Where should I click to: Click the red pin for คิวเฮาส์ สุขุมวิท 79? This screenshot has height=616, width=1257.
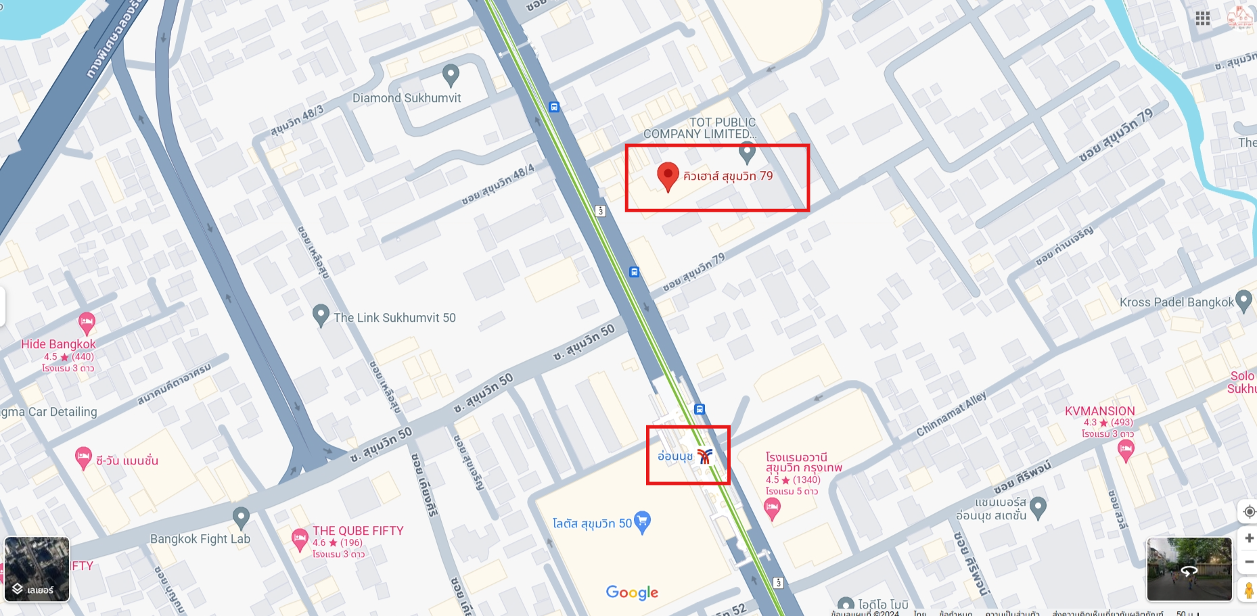click(x=668, y=175)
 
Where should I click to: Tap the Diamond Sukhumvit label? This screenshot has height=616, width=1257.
click(x=407, y=98)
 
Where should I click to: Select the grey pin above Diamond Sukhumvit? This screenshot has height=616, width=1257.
click(x=451, y=74)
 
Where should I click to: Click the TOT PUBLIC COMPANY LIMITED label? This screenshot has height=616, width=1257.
click(x=700, y=128)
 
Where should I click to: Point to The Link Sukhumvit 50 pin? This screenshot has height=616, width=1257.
click(x=321, y=314)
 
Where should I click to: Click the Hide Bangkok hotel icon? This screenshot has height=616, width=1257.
click(x=87, y=322)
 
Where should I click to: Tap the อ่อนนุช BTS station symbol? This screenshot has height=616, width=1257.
click(x=705, y=456)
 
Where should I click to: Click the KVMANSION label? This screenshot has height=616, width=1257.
click(x=1099, y=411)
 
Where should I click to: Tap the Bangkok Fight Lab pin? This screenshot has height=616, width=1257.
click(x=241, y=517)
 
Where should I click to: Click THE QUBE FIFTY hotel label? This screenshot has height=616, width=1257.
click(x=358, y=531)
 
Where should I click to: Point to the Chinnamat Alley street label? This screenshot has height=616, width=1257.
click(x=951, y=414)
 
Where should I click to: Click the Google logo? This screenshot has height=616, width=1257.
click(x=632, y=593)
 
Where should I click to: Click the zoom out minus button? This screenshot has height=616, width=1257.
click(x=1249, y=562)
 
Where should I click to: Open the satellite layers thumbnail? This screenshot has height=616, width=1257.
click(x=37, y=569)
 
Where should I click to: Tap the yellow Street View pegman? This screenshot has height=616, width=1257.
click(x=1249, y=590)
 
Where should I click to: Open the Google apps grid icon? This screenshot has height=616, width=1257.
click(x=1202, y=18)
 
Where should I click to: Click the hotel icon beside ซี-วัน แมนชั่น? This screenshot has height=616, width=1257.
click(x=83, y=458)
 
